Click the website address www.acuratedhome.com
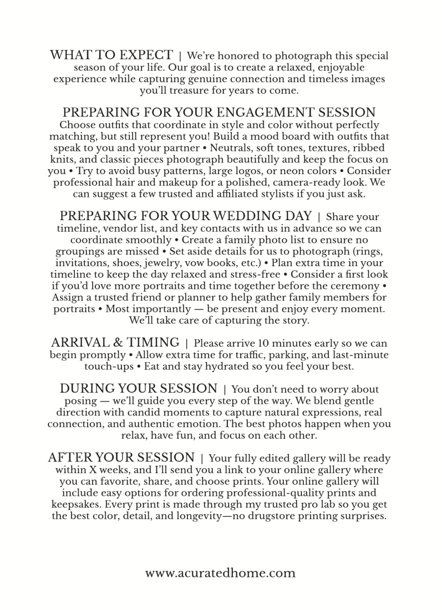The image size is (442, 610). coord(221,573)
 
